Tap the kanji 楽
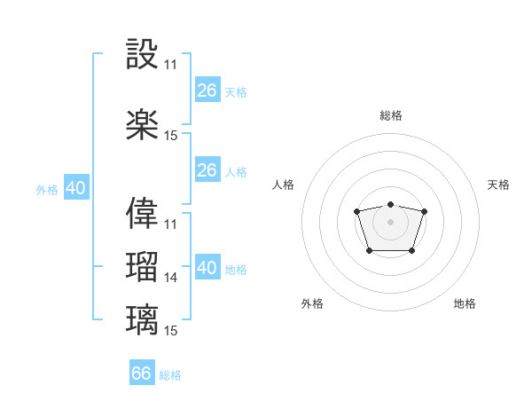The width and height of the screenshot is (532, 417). click(143, 125)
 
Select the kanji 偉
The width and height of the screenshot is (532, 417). click(143, 212)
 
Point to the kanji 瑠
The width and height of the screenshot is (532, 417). click(143, 267)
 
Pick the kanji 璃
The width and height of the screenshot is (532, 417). click(143, 319)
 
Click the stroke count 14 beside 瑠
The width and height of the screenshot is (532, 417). click(171, 278)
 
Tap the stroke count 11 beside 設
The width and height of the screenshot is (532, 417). click(171, 65)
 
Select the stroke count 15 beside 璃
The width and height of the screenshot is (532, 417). click(171, 331)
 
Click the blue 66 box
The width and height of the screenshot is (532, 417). click(142, 374)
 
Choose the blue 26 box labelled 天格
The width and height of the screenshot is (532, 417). click(207, 90)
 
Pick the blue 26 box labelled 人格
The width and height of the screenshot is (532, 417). click(207, 170)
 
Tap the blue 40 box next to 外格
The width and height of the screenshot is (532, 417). click(75, 188)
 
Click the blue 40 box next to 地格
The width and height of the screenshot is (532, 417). click(207, 268)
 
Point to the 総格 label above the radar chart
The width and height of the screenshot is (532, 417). click(390, 115)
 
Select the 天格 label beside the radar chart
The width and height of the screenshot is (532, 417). click(498, 185)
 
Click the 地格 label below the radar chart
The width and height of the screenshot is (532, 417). click(465, 303)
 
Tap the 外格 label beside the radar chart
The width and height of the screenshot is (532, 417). click(312, 303)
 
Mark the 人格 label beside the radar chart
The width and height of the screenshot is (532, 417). click(284, 185)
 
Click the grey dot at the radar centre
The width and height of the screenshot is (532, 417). click(390, 221)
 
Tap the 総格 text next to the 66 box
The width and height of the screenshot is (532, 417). click(170, 375)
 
